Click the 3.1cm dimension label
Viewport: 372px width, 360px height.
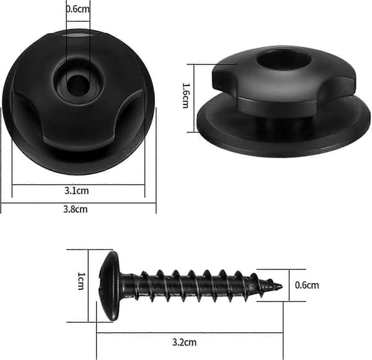(x=77, y=191)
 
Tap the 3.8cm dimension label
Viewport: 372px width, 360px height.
(x=76, y=209)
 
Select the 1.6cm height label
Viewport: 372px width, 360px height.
(x=186, y=96)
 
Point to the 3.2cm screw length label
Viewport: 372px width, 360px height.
(x=184, y=343)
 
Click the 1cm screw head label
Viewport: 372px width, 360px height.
(x=81, y=281)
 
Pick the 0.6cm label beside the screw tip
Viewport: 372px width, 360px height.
(x=307, y=285)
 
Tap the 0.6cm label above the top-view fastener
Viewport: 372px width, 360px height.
(x=78, y=9)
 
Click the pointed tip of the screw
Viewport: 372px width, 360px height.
(x=281, y=286)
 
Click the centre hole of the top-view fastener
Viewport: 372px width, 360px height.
(x=77, y=86)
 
